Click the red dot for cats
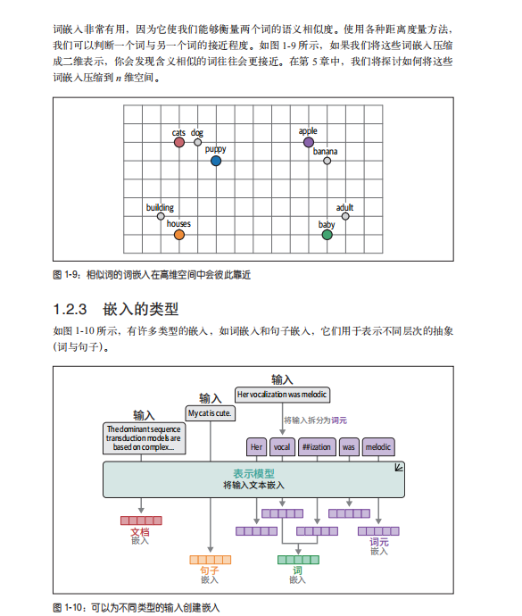[x=179, y=142]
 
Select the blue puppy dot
[x=216, y=161]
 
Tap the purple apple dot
[x=309, y=142]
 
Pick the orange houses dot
[x=179, y=235]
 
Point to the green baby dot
[x=327, y=235]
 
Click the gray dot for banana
[x=327, y=161]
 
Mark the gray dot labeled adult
[x=345, y=216]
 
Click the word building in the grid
[x=160, y=207]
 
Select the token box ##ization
[x=317, y=447]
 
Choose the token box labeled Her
[x=256, y=447]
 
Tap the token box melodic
[x=378, y=447]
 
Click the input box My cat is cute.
[x=210, y=413]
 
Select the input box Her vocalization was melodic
[x=282, y=395]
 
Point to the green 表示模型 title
[x=253, y=474]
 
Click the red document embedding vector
[x=141, y=520]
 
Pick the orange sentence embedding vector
[x=210, y=560]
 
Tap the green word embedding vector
[x=298, y=560]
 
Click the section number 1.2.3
[x=70, y=309]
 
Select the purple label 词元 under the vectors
[x=379, y=542]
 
